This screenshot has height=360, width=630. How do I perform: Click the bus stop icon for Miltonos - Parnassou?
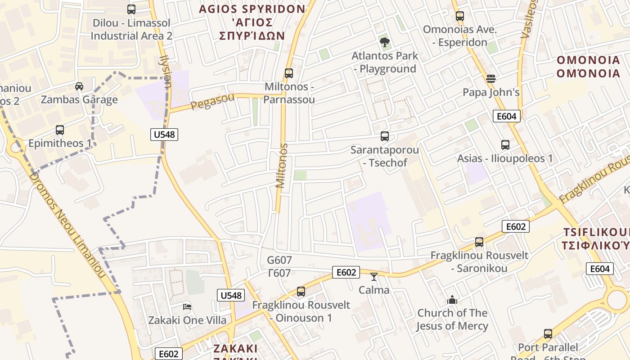pos(289,73)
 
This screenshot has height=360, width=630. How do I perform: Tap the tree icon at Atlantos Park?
pos(384,42)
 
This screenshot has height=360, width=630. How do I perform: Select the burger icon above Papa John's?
pos(491,79)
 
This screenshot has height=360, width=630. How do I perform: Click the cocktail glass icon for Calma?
pos(374,276)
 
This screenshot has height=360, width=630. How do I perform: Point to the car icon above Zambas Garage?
pos(79,86)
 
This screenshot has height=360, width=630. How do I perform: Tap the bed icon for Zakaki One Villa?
pos(187,307)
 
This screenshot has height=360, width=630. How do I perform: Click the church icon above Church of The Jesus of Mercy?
pos(452,299)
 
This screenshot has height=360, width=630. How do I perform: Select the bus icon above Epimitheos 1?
pos(60,130)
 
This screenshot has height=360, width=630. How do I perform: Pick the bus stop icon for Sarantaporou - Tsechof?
pos(384,136)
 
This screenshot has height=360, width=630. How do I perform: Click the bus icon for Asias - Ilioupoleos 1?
pos(505,145)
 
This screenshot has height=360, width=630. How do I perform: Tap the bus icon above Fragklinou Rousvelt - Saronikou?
pos(479,242)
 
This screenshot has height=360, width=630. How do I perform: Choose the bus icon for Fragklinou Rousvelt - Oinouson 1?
pos(301,292)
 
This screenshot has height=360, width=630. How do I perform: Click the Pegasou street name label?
pos(212,101)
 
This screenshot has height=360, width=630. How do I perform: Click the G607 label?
pos(279,260)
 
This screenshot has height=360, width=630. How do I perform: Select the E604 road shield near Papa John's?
pos(506,116)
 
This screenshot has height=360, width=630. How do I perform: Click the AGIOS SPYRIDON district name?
pos(252,9)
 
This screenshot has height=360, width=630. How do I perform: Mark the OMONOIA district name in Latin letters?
pos(588,60)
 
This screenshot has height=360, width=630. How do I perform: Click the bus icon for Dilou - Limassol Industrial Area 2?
pos(131,9)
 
